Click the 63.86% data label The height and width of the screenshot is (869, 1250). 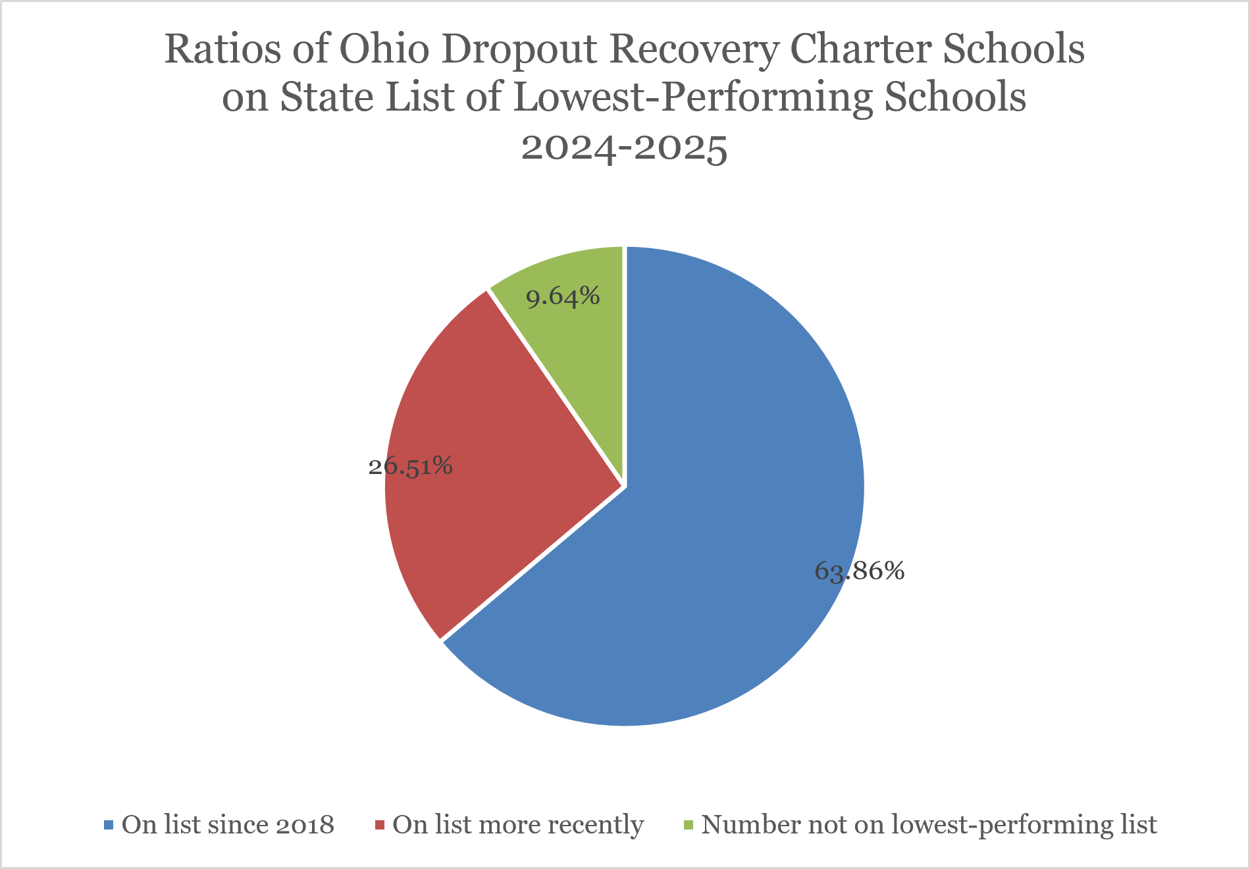click(860, 571)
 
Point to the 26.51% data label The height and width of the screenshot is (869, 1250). click(411, 466)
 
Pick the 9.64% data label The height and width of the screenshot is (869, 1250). click(563, 297)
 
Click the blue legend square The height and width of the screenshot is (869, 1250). click(109, 825)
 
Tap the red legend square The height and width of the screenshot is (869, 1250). click(379, 825)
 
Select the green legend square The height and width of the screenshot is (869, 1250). click(689, 825)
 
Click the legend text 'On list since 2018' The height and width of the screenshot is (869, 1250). click(228, 824)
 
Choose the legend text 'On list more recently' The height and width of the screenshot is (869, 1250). click(518, 825)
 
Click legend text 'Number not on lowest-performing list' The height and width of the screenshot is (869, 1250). click(929, 825)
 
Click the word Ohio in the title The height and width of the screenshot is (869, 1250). click(384, 49)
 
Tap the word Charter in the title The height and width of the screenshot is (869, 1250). click(860, 49)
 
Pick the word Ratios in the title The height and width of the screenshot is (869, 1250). click(223, 49)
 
